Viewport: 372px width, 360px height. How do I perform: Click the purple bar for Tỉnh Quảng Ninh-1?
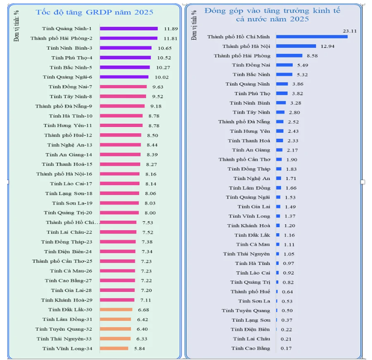point(129,29)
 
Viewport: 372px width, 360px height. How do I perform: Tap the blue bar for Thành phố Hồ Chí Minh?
point(312,36)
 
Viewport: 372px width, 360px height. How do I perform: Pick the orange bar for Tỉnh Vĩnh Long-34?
point(114,348)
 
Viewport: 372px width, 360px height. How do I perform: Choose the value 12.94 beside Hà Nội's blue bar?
point(328,46)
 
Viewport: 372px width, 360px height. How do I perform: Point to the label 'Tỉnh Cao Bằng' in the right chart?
point(250,348)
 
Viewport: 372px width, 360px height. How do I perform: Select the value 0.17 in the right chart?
point(287,348)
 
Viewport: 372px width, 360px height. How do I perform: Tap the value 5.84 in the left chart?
point(141,348)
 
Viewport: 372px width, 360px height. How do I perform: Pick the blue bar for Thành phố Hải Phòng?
point(289,56)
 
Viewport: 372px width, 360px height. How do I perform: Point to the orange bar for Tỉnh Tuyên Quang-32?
point(115,329)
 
